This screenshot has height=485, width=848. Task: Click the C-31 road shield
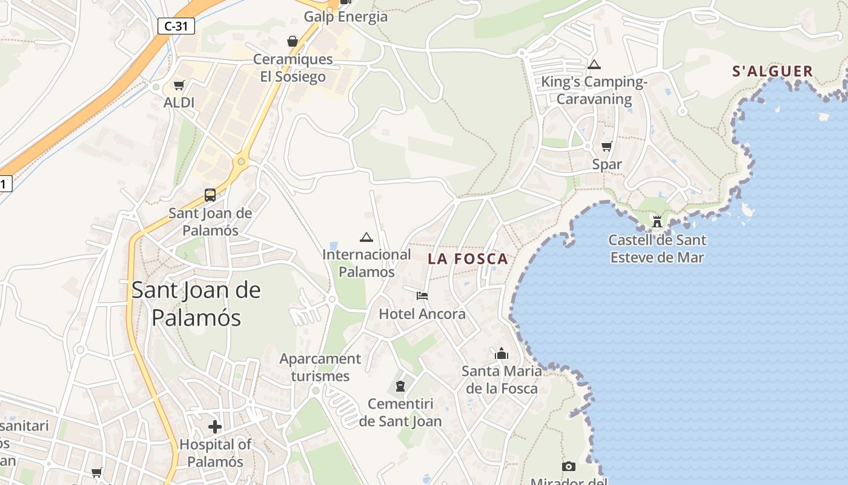coord(176,26)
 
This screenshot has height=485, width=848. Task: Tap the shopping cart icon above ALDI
coord(179,85)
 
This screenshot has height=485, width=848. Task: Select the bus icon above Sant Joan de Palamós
coord(210,195)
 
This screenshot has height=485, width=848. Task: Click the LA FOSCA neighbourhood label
coord(468,259)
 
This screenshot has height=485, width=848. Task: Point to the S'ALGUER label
coord(772,72)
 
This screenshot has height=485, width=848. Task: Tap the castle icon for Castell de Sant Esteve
coord(657,221)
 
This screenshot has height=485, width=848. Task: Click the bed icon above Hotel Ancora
coord(422,296)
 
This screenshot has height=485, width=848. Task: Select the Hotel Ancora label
coord(422,314)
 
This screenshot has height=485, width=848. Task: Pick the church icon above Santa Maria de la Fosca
coord(502,353)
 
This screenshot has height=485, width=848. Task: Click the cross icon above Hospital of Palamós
coord(215,427)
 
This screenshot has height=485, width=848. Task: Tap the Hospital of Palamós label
coord(215,453)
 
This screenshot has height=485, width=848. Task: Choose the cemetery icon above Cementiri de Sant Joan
coord(400,386)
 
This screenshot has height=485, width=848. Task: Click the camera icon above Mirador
coord(568,466)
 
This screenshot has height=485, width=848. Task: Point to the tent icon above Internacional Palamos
coord(366,237)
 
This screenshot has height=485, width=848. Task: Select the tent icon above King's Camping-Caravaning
coord(594,64)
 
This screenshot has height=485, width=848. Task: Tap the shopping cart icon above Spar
coord(606,146)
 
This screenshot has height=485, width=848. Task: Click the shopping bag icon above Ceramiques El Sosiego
coord(293,41)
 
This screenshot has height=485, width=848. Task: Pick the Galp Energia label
coord(345,17)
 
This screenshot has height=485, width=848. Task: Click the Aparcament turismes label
coord(320,367)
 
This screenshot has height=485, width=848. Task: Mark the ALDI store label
coord(179,102)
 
